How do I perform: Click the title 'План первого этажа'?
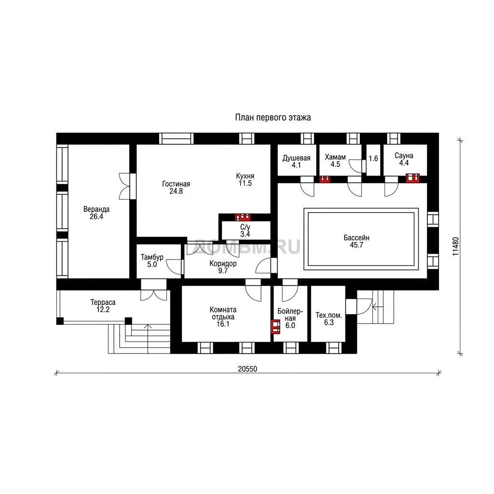(x=273, y=118)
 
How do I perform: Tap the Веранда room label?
(x=96, y=213)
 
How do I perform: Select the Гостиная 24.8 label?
(x=176, y=188)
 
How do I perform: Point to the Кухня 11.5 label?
(x=245, y=179)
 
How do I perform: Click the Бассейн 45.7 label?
(x=357, y=241)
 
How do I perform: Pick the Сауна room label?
(x=404, y=159)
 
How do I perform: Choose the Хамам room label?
(x=335, y=160)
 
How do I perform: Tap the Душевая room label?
(x=296, y=161)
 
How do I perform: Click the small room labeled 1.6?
(x=373, y=158)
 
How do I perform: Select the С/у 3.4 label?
(x=245, y=230)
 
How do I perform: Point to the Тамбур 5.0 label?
(x=152, y=261)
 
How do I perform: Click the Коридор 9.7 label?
(x=223, y=267)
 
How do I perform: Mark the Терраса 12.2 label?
(x=103, y=306)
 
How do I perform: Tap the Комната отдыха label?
(x=223, y=316)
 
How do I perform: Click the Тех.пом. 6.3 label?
(x=329, y=318)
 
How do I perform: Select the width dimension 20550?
(x=247, y=369)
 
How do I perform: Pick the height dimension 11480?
(x=455, y=247)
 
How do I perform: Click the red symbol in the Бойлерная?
(x=275, y=327)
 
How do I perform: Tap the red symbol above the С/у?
(x=243, y=217)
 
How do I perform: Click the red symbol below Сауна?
(x=413, y=178)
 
